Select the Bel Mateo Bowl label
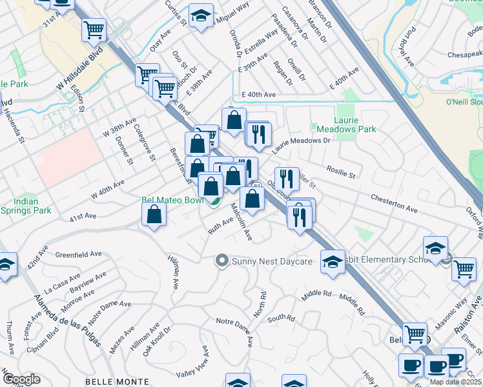(172, 200)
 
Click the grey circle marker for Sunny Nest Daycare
(222, 261)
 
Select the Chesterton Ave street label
(394, 203)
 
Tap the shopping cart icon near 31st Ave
(94, 29)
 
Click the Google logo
(22, 379)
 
